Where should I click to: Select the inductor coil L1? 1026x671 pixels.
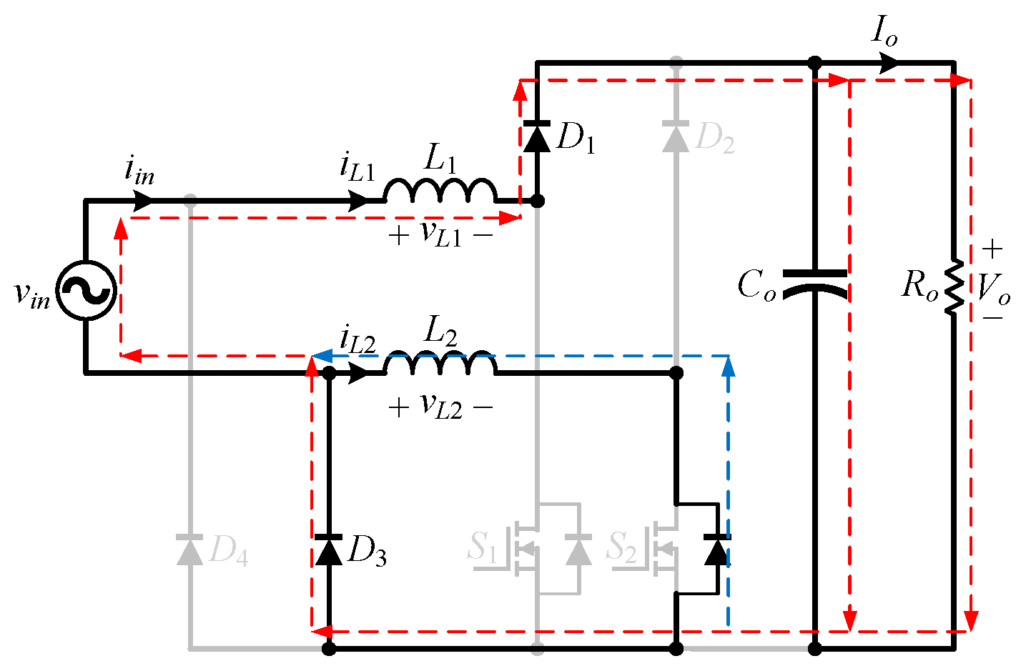point(440,192)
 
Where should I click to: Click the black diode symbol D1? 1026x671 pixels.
point(537,136)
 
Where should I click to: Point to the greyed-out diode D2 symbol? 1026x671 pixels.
point(676,136)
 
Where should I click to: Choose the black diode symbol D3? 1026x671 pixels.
point(329,550)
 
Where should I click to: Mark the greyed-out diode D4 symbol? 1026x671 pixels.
point(190,550)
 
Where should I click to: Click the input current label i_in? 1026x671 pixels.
point(139,171)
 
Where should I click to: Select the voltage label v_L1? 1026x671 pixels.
point(440,234)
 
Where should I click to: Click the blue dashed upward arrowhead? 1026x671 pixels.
point(729,366)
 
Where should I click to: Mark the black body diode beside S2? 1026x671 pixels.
point(717,550)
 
